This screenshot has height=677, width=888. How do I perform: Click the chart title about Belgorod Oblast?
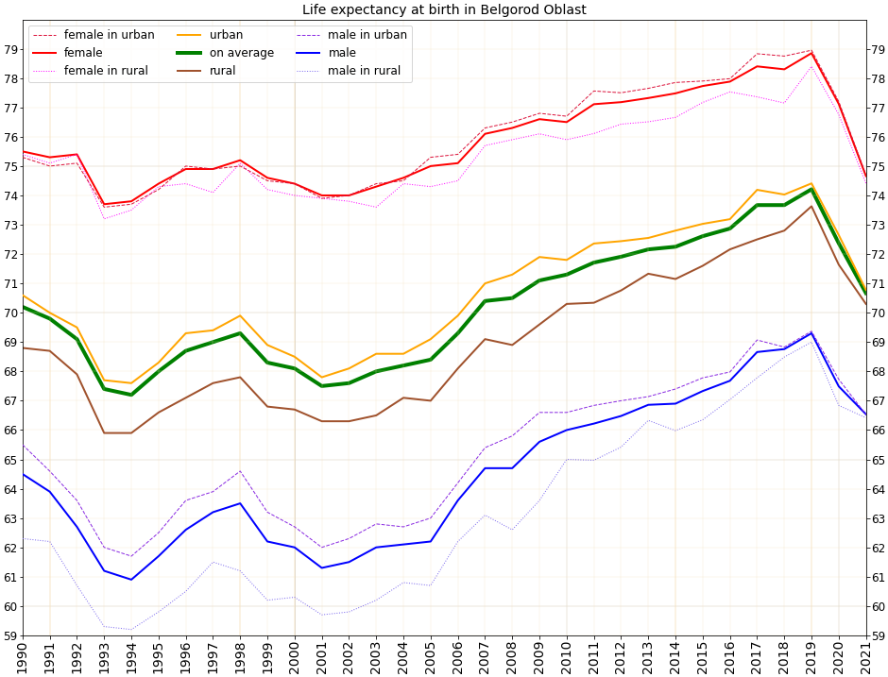[444, 10]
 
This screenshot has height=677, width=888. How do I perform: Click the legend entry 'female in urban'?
[109, 35]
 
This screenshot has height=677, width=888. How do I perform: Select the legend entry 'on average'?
[242, 53]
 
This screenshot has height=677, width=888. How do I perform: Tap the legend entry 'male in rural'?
[364, 71]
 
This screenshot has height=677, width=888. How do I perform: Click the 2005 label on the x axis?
[431, 657]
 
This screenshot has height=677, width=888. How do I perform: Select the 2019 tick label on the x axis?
[811, 657]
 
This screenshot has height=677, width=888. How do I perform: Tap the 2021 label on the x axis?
[865, 657]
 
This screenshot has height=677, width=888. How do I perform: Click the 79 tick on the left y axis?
[9, 49]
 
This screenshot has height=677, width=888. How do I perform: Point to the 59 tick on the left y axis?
[9, 635]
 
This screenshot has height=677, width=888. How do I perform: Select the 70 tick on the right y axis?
[878, 313]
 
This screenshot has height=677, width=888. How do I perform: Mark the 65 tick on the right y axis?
[878, 460]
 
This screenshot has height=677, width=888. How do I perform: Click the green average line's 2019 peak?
[811, 189]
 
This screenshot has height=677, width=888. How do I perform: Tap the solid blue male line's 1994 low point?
[131, 580]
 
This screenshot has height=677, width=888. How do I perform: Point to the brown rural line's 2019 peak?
[811, 206]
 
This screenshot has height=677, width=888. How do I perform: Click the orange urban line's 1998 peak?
[240, 315]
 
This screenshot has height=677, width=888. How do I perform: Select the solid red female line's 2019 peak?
[811, 53]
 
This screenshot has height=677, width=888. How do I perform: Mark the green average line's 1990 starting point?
[23, 307]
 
